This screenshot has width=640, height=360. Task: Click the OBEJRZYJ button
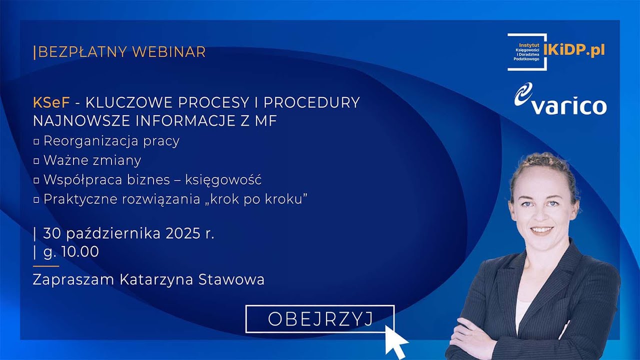click(x=320, y=319)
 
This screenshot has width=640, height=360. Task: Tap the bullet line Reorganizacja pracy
click(x=111, y=141)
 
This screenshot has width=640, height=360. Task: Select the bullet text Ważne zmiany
click(x=92, y=160)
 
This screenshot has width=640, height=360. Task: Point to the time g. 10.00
click(x=71, y=252)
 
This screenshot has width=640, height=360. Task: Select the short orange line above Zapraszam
click(x=45, y=266)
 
